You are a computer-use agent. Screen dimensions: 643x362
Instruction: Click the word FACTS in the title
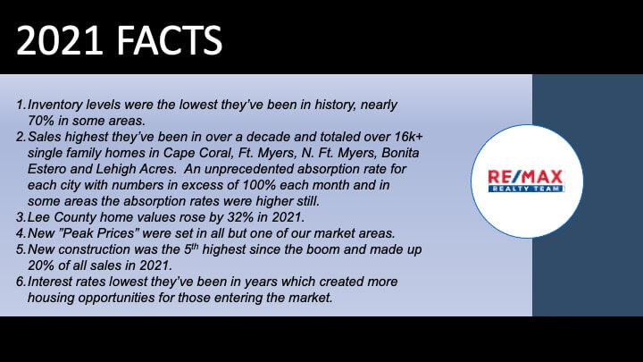[x=170, y=40]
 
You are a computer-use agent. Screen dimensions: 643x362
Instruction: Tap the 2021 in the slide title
[x=60, y=40]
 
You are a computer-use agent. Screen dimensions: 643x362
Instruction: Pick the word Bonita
[x=400, y=153]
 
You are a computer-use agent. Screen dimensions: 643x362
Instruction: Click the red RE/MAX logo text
[x=525, y=176]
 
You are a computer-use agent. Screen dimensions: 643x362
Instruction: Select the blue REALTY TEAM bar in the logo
[x=526, y=189]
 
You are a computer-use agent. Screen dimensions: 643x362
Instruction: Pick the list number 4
[x=21, y=233]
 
